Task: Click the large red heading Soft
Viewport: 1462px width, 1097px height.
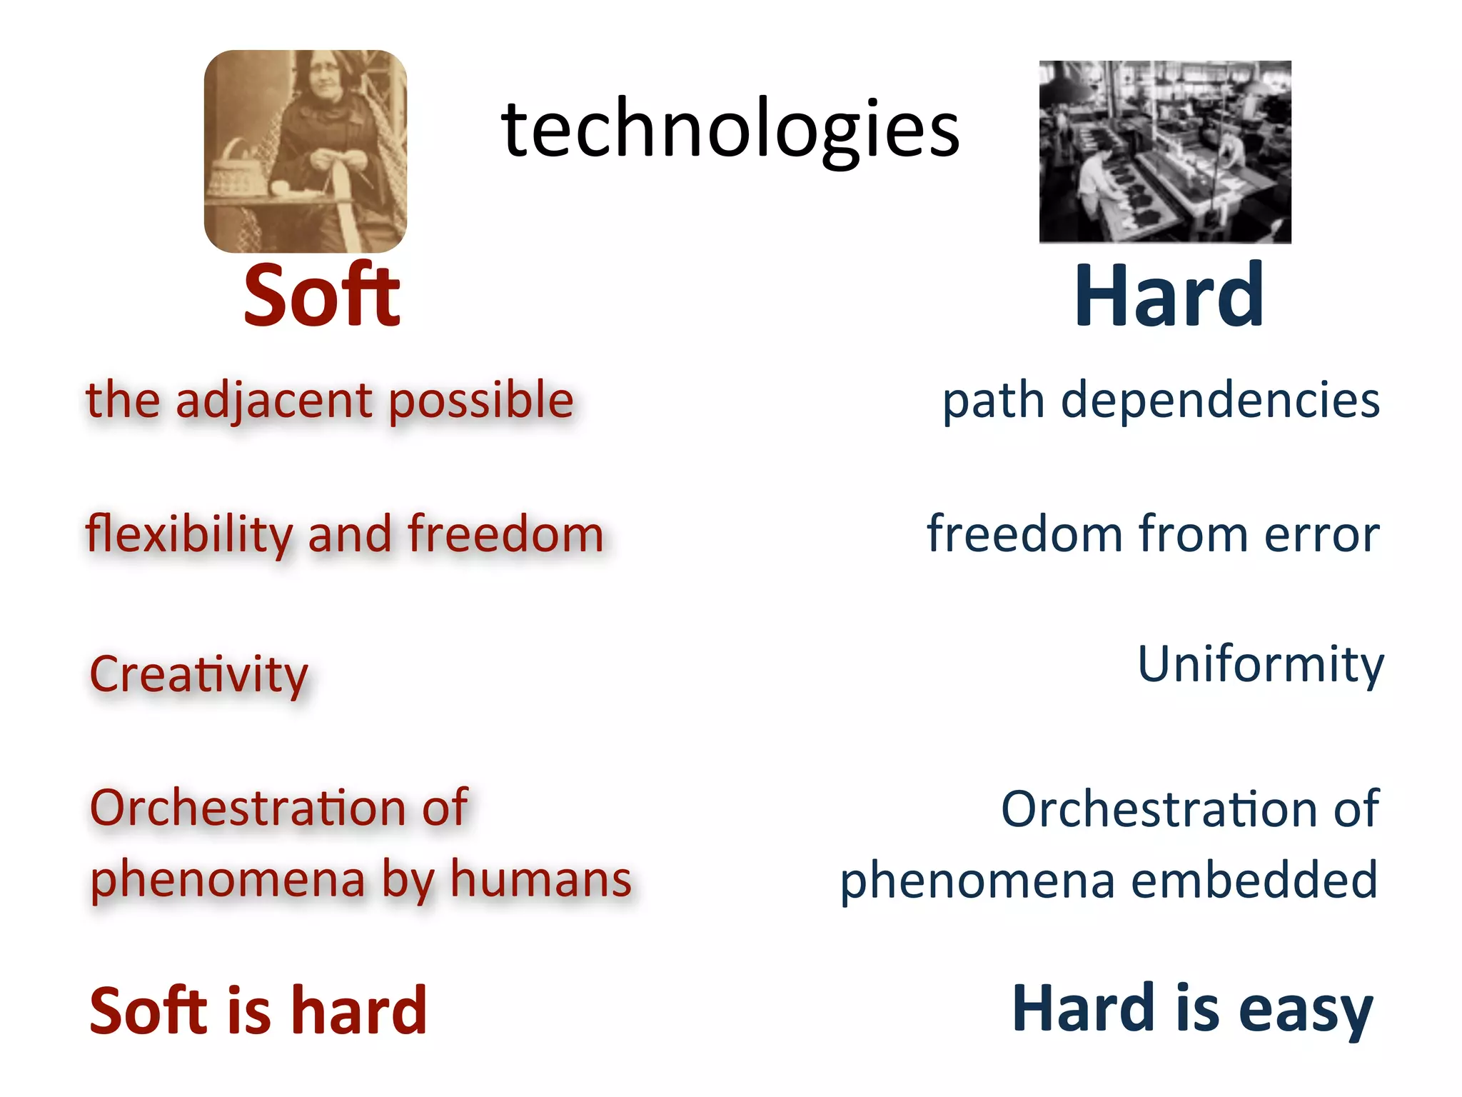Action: tap(321, 296)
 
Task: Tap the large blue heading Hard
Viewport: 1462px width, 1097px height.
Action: tap(1169, 296)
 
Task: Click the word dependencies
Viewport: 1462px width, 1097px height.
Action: tap(1220, 401)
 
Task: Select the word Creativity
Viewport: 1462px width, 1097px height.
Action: tap(198, 674)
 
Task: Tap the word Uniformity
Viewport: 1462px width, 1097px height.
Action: tap(1260, 664)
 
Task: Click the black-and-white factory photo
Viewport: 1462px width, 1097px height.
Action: tap(1164, 151)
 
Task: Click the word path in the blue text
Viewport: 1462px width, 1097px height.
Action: tap(993, 401)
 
